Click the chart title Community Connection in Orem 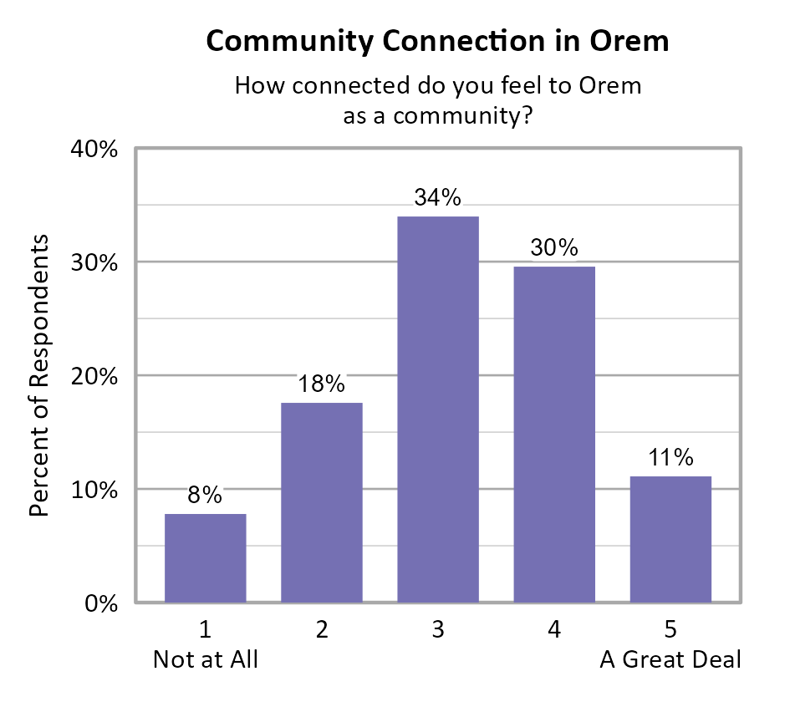pyautogui.click(x=437, y=40)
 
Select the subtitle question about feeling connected pyautogui.click(x=437, y=99)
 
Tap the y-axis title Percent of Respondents pyautogui.click(x=39, y=375)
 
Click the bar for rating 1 pyautogui.click(x=205, y=558)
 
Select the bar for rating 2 pyautogui.click(x=322, y=502)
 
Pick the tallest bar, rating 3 pyautogui.click(x=437, y=409)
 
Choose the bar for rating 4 pyautogui.click(x=554, y=435)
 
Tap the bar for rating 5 pyautogui.click(x=670, y=539)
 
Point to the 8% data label pyautogui.click(x=205, y=496)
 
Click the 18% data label pyautogui.click(x=322, y=384)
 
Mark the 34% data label pyautogui.click(x=437, y=198)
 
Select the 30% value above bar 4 pyautogui.click(x=554, y=248)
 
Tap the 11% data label pyautogui.click(x=670, y=458)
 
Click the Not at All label pyautogui.click(x=206, y=660)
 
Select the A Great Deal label pyautogui.click(x=670, y=660)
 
